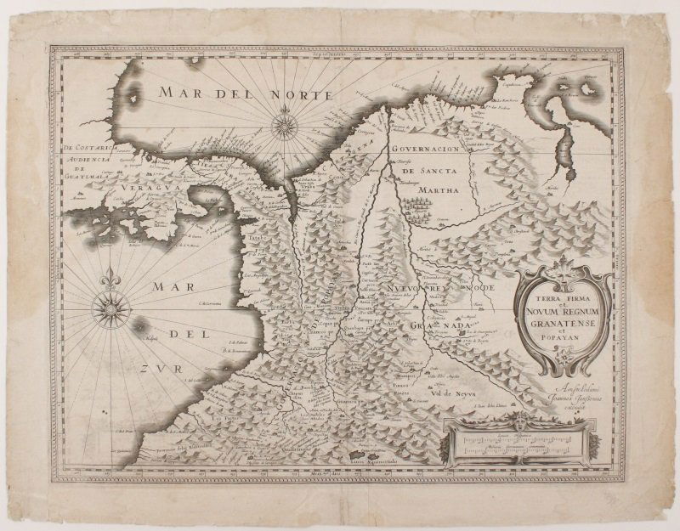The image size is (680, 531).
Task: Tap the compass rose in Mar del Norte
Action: point(285,128)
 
